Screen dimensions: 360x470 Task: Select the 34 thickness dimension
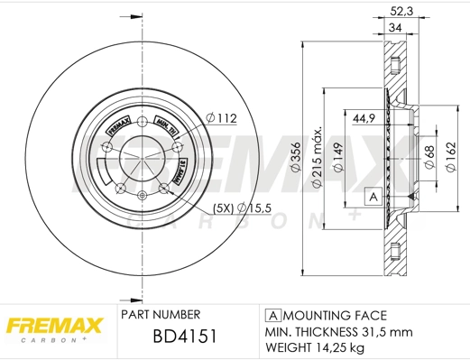[x=395, y=29]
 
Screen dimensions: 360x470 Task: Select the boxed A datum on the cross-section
[x=370, y=196]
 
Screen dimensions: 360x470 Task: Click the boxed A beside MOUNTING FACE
[x=273, y=315]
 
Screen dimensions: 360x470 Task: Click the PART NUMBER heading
[x=160, y=315]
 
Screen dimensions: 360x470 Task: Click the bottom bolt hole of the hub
[x=142, y=198]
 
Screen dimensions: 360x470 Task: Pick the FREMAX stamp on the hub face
[x=117, y=126]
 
